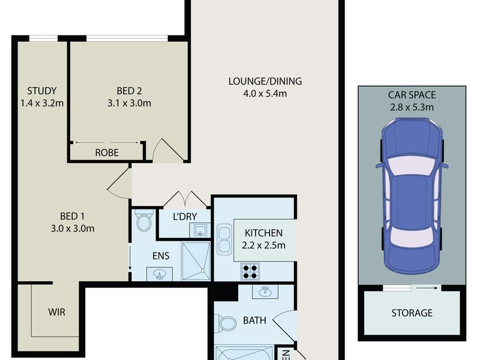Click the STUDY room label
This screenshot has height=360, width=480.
[x=42, y=91]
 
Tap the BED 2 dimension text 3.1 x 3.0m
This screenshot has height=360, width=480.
[x=129, y=103]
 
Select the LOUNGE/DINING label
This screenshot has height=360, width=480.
[x=265, y=81]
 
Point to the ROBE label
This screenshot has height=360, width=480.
[x=107, y=152]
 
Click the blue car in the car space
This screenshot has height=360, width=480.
[x=412, y=196]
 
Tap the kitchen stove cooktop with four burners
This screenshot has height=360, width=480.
[x=250, y=272]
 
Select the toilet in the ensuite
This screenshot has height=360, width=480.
[x=143, y=220]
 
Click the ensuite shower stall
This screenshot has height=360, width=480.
[x=196, y=261]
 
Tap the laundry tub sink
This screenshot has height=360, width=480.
[x=200, y=230]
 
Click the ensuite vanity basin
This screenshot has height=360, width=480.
[x=160, y=274]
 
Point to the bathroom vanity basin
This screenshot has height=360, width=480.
[x=265, y=292]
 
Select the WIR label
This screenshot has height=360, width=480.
[x=56, y=312]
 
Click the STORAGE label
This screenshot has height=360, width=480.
[x=412, y=313]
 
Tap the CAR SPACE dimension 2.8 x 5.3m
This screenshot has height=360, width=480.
[x=412, y=107]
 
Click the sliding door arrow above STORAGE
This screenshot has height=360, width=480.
[x=427, y=288]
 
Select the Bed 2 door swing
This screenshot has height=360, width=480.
[x=168, y=151]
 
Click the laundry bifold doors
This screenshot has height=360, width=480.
[x=185, y=199]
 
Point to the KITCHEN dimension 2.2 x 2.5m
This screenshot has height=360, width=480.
[x=263, y=245]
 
